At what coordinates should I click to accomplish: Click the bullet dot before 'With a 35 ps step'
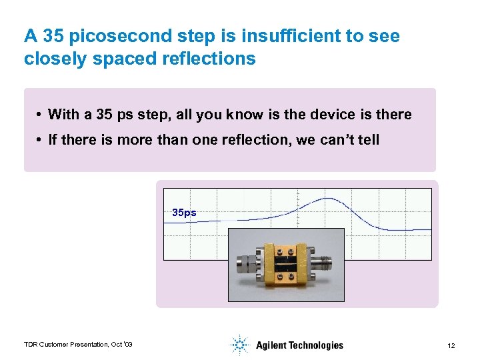click(x=41, y=115)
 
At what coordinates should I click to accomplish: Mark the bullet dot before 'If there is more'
click(x=41, y=140)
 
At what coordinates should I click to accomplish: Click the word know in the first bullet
click(x=243, y=115)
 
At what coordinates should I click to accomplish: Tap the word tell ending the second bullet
click(x=368, y=140)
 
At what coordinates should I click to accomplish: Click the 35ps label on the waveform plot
click(x=184, y=213)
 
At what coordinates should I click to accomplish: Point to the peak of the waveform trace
click(x=326, y=199)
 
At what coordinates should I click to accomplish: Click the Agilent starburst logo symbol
click(x=239, y=345)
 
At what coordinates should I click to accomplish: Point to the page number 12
click(x=451, y=345)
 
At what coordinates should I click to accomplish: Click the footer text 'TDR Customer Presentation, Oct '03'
click(x=78, y=344)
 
